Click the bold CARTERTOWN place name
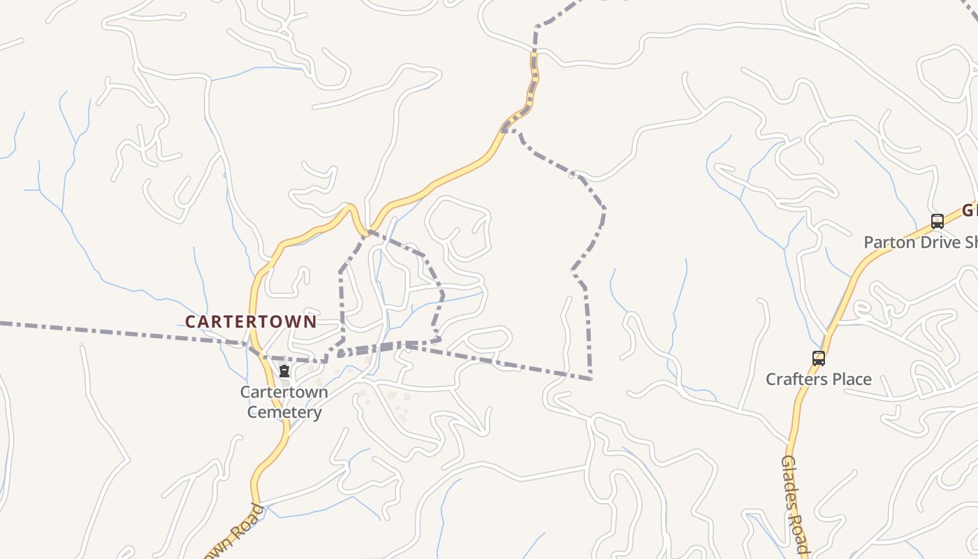click(x=251, y=321)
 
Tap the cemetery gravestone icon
click(x=284, y=371)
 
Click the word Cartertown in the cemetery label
click(x=284, y=392)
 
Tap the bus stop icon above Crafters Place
click(x=819, y=358)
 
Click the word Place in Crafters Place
click(x=850, y=379)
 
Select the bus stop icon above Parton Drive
click(x=937, y=222)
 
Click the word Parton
click(x=889, y=242)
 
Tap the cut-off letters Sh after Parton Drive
click(x=971, y=242)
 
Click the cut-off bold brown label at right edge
click(x=970, y=210)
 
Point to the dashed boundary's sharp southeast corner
click(x=591, y=378)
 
